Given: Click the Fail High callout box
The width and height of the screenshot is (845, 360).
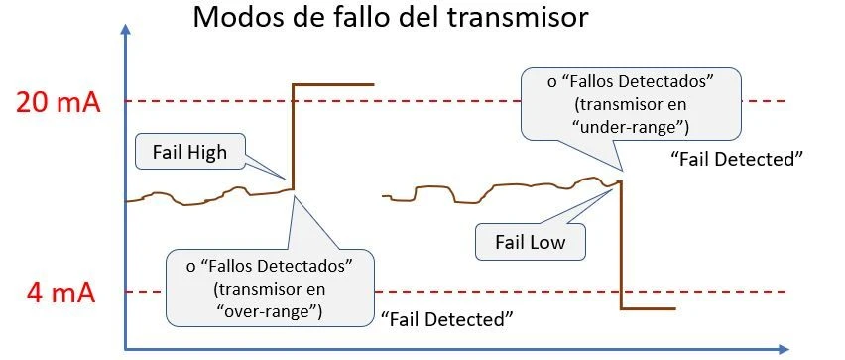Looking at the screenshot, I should point(189,152).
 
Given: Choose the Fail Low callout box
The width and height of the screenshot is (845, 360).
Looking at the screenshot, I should point(530,241).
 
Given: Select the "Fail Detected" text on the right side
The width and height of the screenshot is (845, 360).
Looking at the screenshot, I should point(736,159).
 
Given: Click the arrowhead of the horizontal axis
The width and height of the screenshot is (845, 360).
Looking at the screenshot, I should point(783,348).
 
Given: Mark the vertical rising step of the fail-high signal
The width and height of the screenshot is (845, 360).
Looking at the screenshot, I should point(293,139).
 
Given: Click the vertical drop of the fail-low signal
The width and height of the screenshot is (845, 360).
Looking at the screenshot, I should point(621,248).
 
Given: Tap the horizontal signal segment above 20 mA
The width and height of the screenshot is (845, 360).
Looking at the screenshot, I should point(333,85).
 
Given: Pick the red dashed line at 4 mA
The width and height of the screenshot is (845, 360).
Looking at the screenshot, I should point(476,292).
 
